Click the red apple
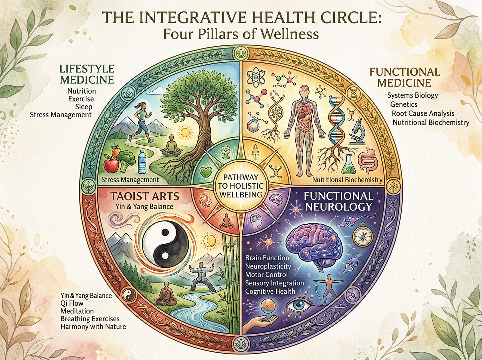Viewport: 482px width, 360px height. [x=112, y=165]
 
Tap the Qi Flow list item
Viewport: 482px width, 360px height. [x=72, y=303]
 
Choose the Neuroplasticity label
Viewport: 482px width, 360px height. [x=268, y=266]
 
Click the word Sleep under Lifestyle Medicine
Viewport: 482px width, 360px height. [x=84, y=107]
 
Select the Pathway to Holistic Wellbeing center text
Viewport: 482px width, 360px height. [x=240, y=186]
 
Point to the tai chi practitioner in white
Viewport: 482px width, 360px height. [x=201, y=275]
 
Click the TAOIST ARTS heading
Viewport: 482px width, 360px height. [x=145, y=196]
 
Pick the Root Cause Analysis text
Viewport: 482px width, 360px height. [x=423, y=113]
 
